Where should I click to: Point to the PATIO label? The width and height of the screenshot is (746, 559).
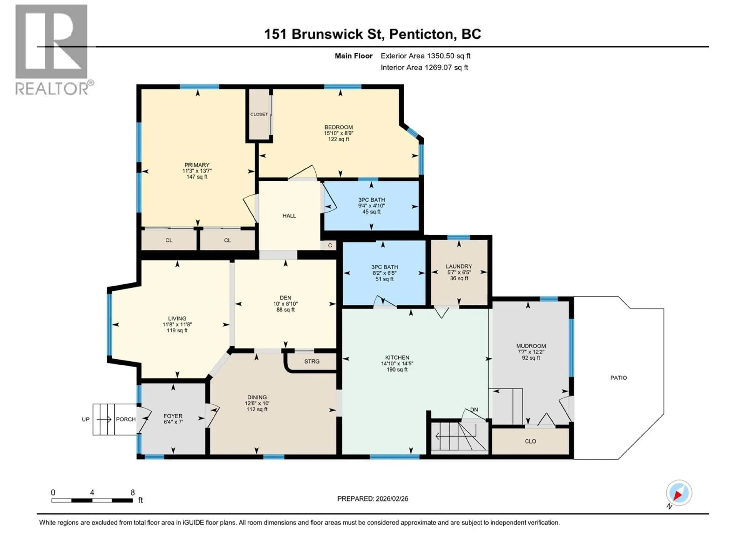point(619,378)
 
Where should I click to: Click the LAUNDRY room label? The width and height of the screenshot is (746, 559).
point(459,266)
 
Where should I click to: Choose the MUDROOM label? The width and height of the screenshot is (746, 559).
point(531,346)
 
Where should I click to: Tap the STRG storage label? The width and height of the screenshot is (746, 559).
point(312,361)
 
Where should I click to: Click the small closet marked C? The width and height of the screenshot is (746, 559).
point(330,245)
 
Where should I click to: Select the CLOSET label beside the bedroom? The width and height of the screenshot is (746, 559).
point(259,114)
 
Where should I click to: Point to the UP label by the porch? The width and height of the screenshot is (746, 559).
point(86,419)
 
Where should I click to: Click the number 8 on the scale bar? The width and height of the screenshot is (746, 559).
point(132,492)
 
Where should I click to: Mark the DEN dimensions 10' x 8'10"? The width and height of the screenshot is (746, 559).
point(285,304)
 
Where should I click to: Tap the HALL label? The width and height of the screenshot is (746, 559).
point(289,216)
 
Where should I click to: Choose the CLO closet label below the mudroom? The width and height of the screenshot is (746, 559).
point(530,441)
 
